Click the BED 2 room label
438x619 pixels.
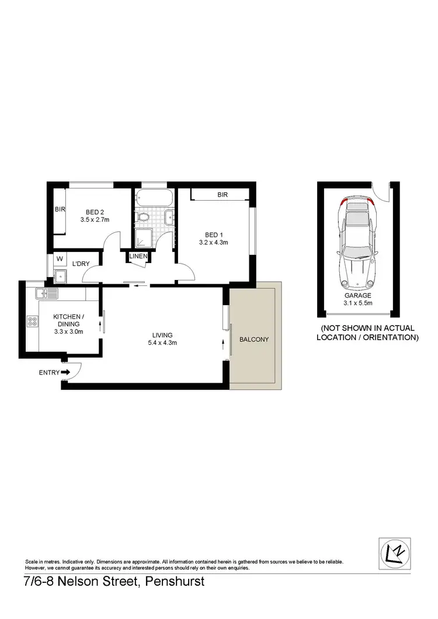coord(95,212)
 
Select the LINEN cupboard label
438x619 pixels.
coord(138,256)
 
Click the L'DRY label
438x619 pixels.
coord(81,264)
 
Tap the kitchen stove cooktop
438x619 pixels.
coord(31,320)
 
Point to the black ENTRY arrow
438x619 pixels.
coord(65,372)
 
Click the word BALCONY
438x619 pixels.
coord(254,339)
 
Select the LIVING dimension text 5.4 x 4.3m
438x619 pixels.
coord(162,343)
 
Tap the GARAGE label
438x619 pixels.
coord(358,296)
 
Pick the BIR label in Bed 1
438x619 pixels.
coord(222,195)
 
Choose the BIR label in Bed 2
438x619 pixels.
coord(60,209)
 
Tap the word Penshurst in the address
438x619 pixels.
coord(175,582)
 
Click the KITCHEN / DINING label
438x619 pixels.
coord(68,320)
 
